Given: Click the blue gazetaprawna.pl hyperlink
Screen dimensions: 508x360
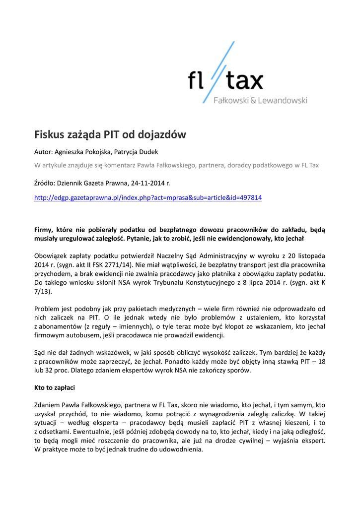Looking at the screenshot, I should coord(147,198).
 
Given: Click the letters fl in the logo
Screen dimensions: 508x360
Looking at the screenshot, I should coord(197,80).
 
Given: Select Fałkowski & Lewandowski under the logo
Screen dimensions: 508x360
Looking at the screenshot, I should coord(260,101).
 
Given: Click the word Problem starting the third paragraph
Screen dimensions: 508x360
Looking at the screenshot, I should coord(47,309).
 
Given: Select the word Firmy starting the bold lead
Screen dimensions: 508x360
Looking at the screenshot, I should coord(45,230).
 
